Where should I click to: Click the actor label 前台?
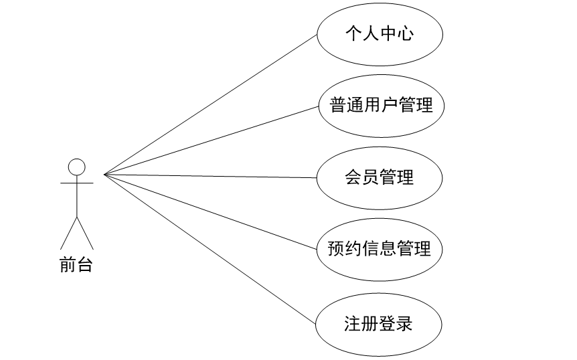point(76,266)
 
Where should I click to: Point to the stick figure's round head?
point(77,166)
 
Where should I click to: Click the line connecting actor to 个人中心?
point(210,104)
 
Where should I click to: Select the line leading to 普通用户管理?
point(210,141)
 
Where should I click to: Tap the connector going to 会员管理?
point(210,176)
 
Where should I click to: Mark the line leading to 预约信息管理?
point(210,212)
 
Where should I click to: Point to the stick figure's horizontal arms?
point(77,182)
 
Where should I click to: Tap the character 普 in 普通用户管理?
point(339,105)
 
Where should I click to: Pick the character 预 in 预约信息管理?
point(336,249)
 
